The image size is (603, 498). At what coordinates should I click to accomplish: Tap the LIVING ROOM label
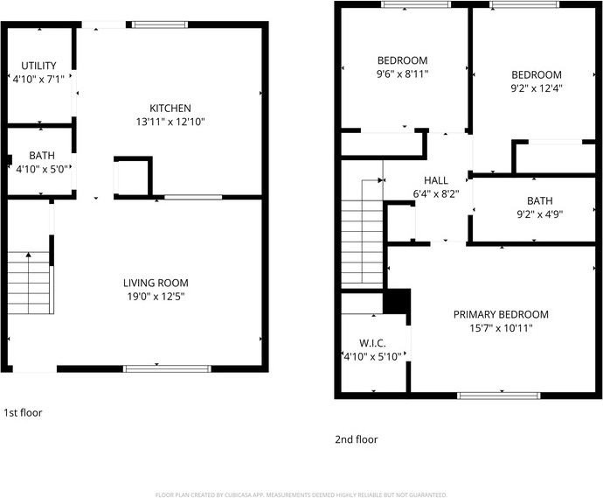(156, 283)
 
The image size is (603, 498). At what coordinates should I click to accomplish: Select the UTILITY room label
(39, 66)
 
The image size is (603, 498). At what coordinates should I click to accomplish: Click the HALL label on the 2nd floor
(435, 180)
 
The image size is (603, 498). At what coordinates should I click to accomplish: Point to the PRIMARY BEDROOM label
(501, 314)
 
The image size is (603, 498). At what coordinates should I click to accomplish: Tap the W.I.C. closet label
(372, 343)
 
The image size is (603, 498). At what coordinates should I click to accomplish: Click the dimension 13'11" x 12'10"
(170, 122)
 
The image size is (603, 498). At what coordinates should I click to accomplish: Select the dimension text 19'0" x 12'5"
(155, 297)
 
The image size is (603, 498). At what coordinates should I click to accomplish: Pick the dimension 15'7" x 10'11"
(501, 328)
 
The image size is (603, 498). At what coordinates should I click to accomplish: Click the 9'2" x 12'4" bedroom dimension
(537, 88)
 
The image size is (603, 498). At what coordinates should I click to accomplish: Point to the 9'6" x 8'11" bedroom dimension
(402, 75)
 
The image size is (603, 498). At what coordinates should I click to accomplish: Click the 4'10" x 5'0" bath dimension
(42, 169)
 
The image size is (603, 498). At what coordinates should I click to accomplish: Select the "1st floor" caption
(23, 412)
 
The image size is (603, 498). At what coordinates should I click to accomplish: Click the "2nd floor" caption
(356, 439)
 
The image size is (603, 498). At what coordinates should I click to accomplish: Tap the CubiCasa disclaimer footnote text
(301, 494)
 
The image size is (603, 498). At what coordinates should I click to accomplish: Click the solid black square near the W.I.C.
(398, 300)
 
